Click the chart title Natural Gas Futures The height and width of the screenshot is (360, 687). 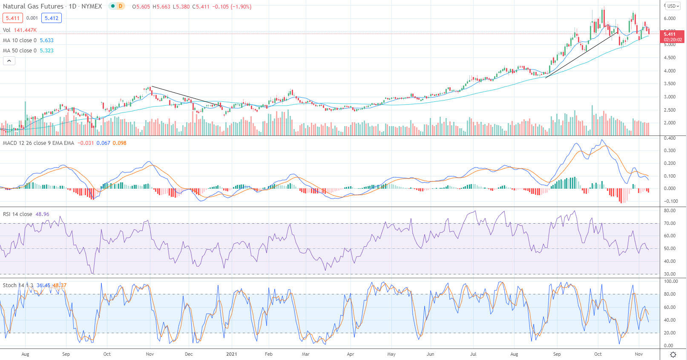point(33,6)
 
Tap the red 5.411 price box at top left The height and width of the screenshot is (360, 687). point(13,18)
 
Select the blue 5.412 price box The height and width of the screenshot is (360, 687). point(52,18)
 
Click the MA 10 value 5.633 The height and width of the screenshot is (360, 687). point(46,40)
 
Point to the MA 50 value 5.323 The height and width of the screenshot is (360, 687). point(46,51)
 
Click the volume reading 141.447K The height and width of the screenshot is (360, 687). point(25,30)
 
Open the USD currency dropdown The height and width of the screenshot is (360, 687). point(673,6)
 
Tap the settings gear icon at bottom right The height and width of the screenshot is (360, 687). point(673,354)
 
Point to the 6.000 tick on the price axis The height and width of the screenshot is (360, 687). point(670,18)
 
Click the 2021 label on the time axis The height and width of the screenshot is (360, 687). point(231,354)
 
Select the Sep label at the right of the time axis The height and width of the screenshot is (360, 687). point(557,354)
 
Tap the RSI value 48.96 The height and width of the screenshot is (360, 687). point(42,214)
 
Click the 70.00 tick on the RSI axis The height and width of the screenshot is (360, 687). point(670,223)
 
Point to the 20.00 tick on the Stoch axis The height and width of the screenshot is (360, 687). point(670,333)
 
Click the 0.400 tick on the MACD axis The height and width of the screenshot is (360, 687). point(670,138)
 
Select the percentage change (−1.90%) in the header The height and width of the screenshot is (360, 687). point(241,7)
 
